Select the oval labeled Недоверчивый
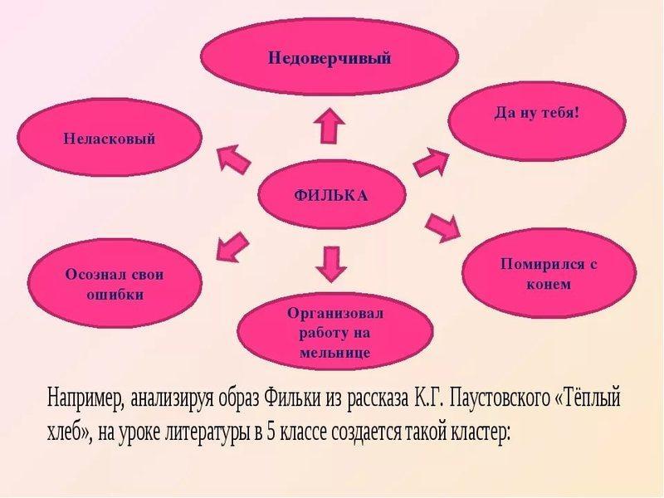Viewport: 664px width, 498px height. (x=329, y=58)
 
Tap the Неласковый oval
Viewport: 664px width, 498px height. (x=110, y=139)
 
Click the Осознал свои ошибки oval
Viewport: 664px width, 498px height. (x=115, y=283)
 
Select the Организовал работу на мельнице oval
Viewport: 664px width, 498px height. (x=336, y=332)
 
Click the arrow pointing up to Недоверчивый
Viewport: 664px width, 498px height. (x=330, y=129)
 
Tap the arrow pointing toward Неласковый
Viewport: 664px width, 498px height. (x=233, y=158)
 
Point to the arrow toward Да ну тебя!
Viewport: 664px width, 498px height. (x=431, y=160)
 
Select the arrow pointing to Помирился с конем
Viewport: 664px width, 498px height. (x=442, y=226)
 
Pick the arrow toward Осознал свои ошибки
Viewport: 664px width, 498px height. (x=232, y=247)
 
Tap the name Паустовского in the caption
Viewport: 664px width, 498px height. (x=497, y=397)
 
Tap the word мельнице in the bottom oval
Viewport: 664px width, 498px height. (x=336, y=353)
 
